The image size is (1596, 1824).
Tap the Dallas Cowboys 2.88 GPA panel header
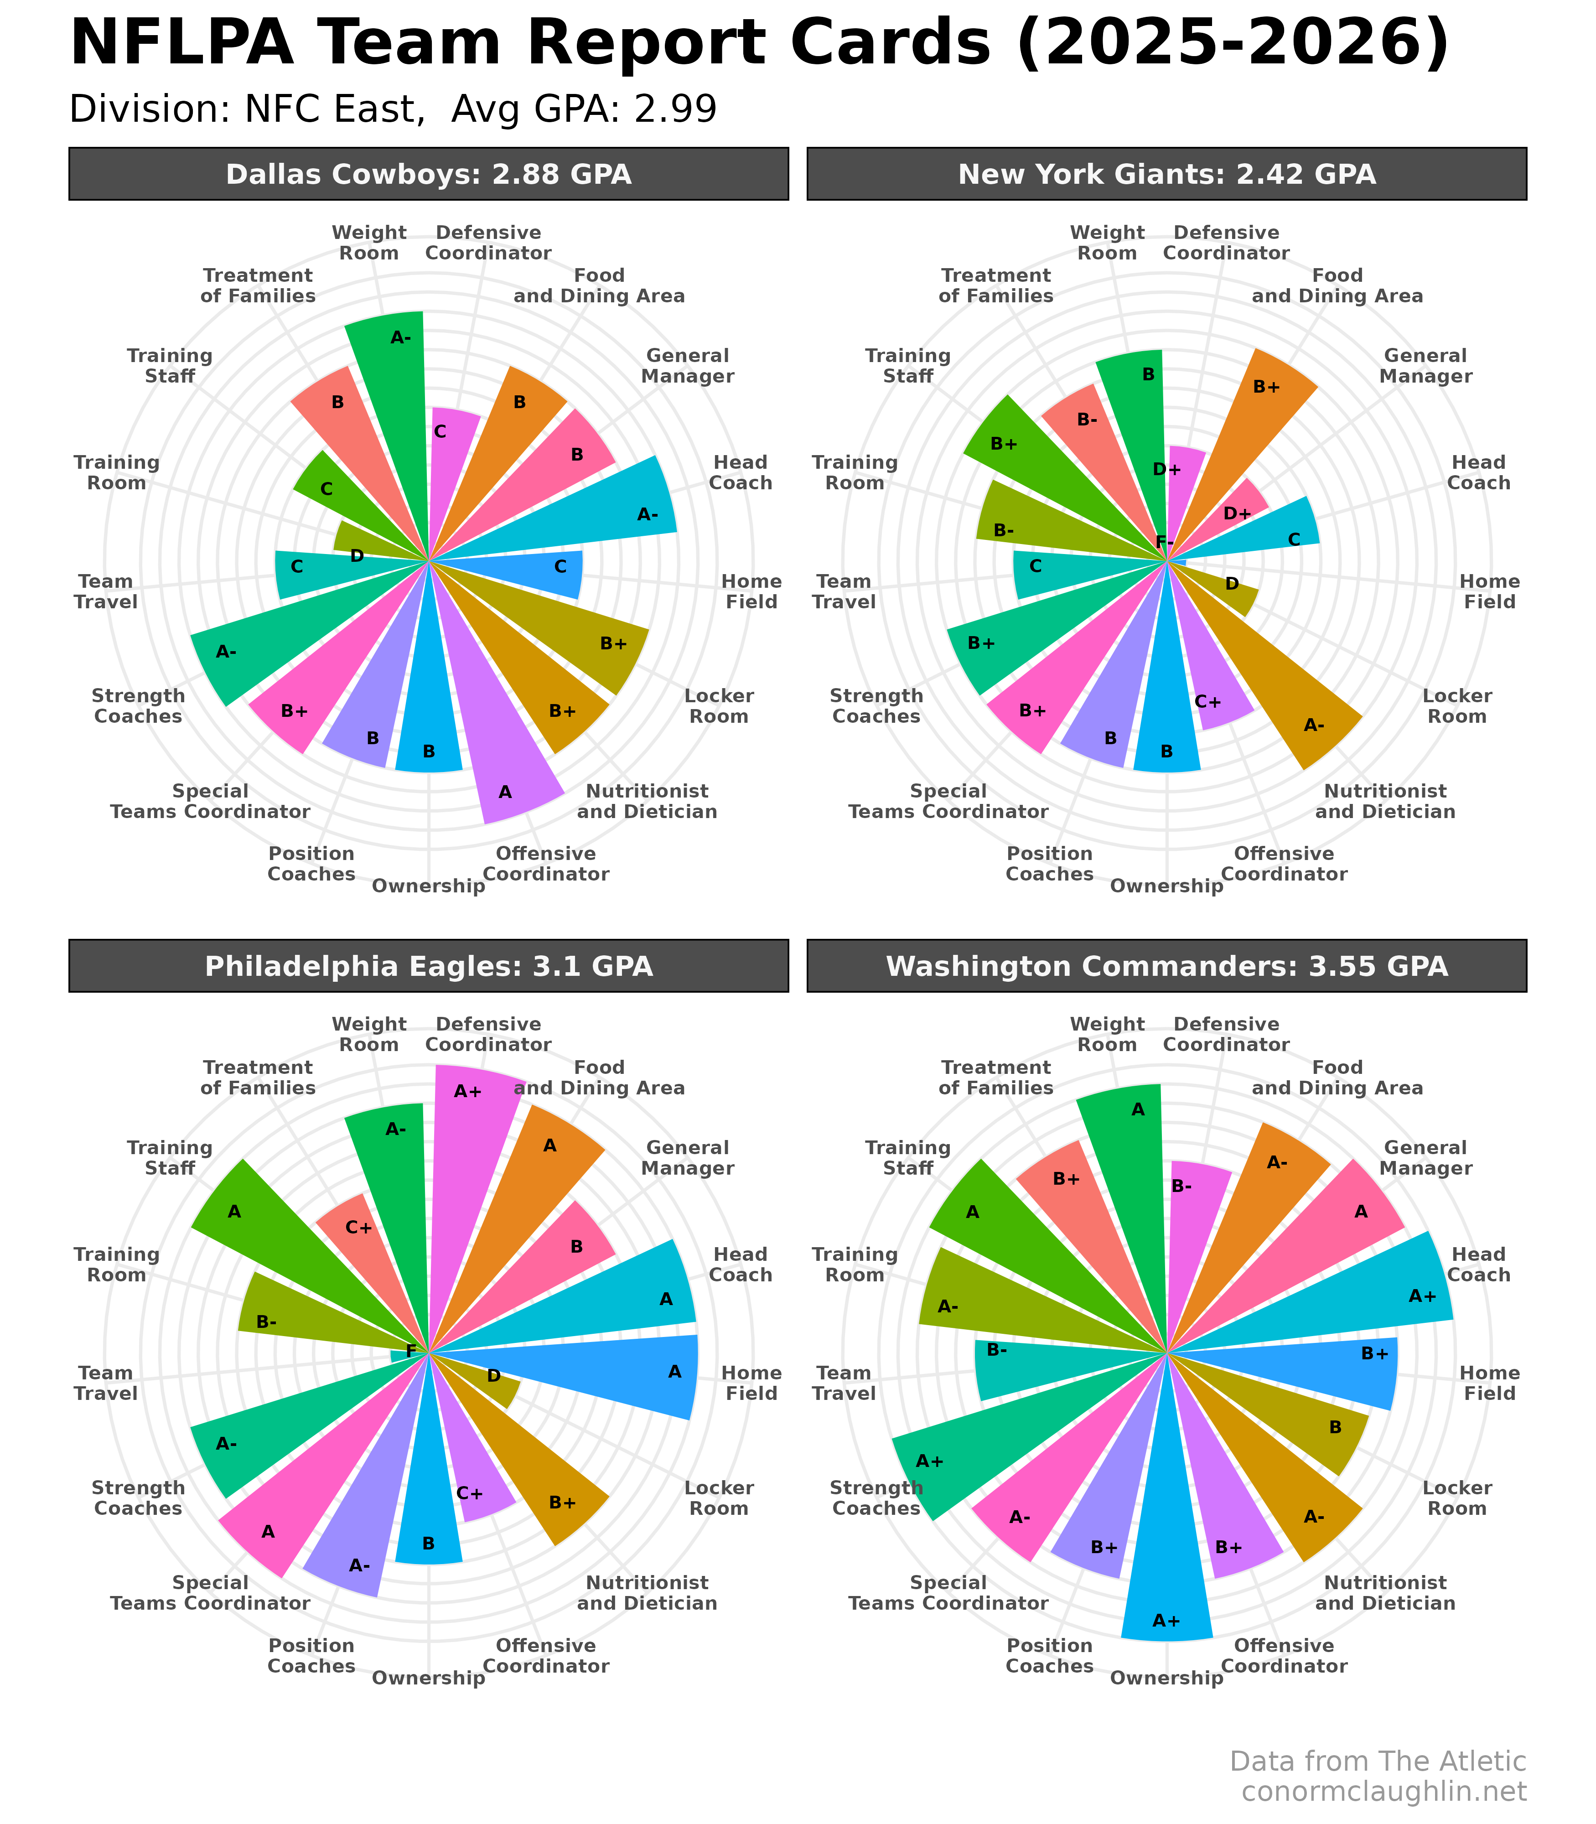[428, 174]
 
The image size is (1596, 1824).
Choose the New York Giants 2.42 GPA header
[1167, 174]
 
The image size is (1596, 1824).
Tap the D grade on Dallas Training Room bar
[356, 556]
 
